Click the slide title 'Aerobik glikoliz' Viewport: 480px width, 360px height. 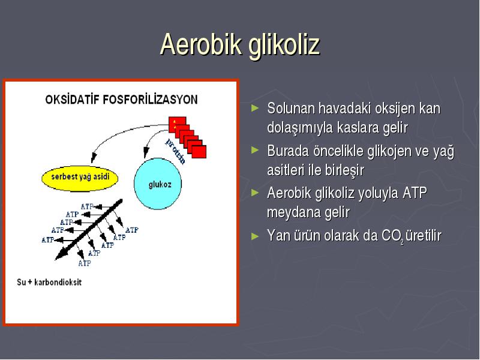tap(240, 45)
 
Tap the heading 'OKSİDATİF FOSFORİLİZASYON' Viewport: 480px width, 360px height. tap(121, 100)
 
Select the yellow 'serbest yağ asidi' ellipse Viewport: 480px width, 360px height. tap(80, 178)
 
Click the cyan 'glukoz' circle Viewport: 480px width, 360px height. tap(158, 184)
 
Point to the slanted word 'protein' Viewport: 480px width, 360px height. tap(176, 151)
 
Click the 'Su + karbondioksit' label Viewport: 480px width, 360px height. tap(49, 282)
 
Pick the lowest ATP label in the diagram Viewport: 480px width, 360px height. tap(85, 263)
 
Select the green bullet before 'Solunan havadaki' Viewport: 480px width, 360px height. tap(254, 108)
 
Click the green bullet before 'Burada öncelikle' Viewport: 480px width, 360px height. tap(254, 150)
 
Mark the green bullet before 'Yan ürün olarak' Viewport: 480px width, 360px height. tap(254, 236)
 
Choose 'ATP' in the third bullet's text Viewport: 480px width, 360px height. tap(415, 193)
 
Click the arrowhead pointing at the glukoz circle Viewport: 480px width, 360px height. tap(146, 152)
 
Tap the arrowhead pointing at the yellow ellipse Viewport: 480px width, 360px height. tap(94, 158)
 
